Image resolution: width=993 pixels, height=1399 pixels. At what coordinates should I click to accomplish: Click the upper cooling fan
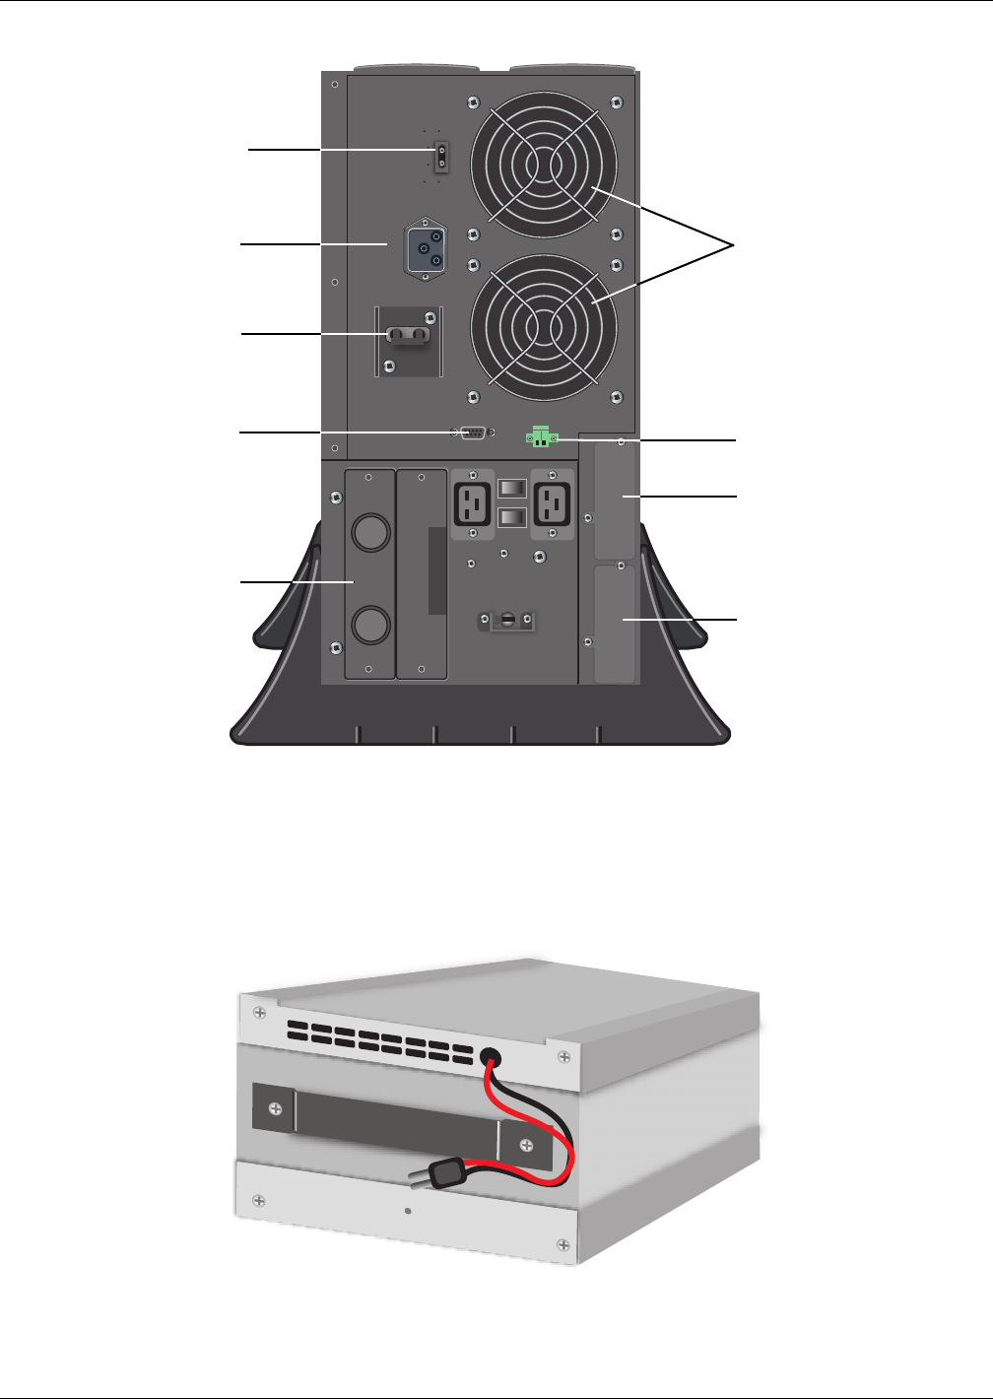pyautogui.click(x=544, y=165)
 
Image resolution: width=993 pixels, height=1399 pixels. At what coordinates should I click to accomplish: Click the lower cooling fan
pyautogui.click(x=544, y=327)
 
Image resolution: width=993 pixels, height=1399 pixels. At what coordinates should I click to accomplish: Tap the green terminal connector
pyautogui.click(x=541, y=435)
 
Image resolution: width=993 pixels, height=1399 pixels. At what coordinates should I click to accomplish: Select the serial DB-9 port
pyautogui.click(x=472, y=433)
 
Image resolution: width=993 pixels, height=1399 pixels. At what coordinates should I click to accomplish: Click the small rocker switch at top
pyautogui.click(x=441, y=155)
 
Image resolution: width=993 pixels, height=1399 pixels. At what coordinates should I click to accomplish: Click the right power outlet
pyautogui.click(x=552, y=502)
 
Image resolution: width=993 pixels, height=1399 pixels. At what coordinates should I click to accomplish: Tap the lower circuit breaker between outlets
pyautogui.click(x=513, y=517)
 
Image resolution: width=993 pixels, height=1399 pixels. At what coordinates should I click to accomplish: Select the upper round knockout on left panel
pyautogui.click(x=371, y=532)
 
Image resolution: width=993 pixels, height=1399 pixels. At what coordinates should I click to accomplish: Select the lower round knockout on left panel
pyautogui.click(x=371, y=625)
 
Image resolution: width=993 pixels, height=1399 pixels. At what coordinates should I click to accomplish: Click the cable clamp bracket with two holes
pyautogui.click(x=408, y=336)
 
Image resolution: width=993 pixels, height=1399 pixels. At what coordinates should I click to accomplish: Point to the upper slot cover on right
pyautogui.click(x=616, y=500)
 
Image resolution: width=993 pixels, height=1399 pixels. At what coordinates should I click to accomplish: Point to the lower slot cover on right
pyautogui.click(x=616, y=623)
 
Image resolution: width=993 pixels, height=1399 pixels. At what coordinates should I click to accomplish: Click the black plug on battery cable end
pyautogui.click(x=449, y=1173)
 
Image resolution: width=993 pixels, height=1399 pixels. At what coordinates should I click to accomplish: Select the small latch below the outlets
pyautogui.click(x=507, y=621)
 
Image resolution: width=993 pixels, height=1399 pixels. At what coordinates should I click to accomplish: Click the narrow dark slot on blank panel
pyautogui.click(x=437, y=570)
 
